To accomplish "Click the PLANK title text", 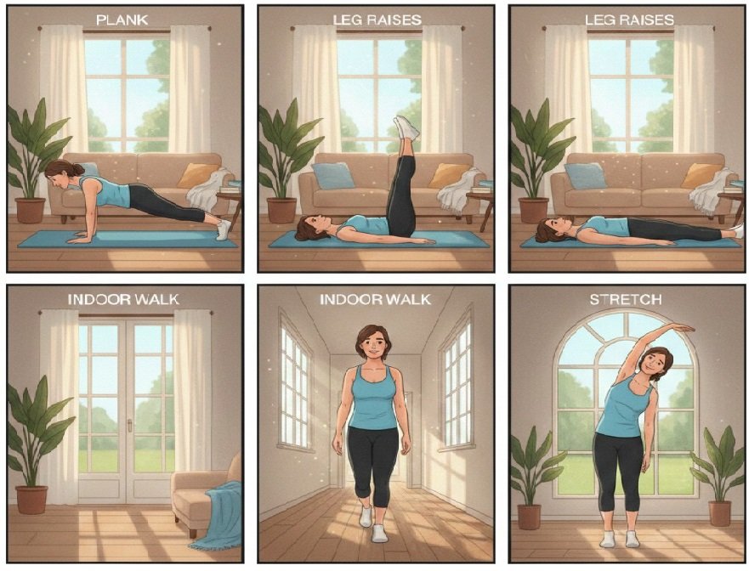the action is click(122, 20).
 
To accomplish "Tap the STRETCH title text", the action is click(625, 299).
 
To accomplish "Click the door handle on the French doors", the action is click(129, 426).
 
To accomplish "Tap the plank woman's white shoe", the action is click(224, 229).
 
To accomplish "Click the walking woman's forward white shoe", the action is click(379, 533).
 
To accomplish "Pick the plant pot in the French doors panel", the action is click(31, 500).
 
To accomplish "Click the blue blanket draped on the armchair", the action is click(218, 516).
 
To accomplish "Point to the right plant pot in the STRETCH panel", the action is click(720, 512).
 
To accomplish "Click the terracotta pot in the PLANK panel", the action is click(30, 210).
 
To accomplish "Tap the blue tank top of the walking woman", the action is click(373, 397).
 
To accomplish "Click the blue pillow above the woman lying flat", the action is click(586, 176).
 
